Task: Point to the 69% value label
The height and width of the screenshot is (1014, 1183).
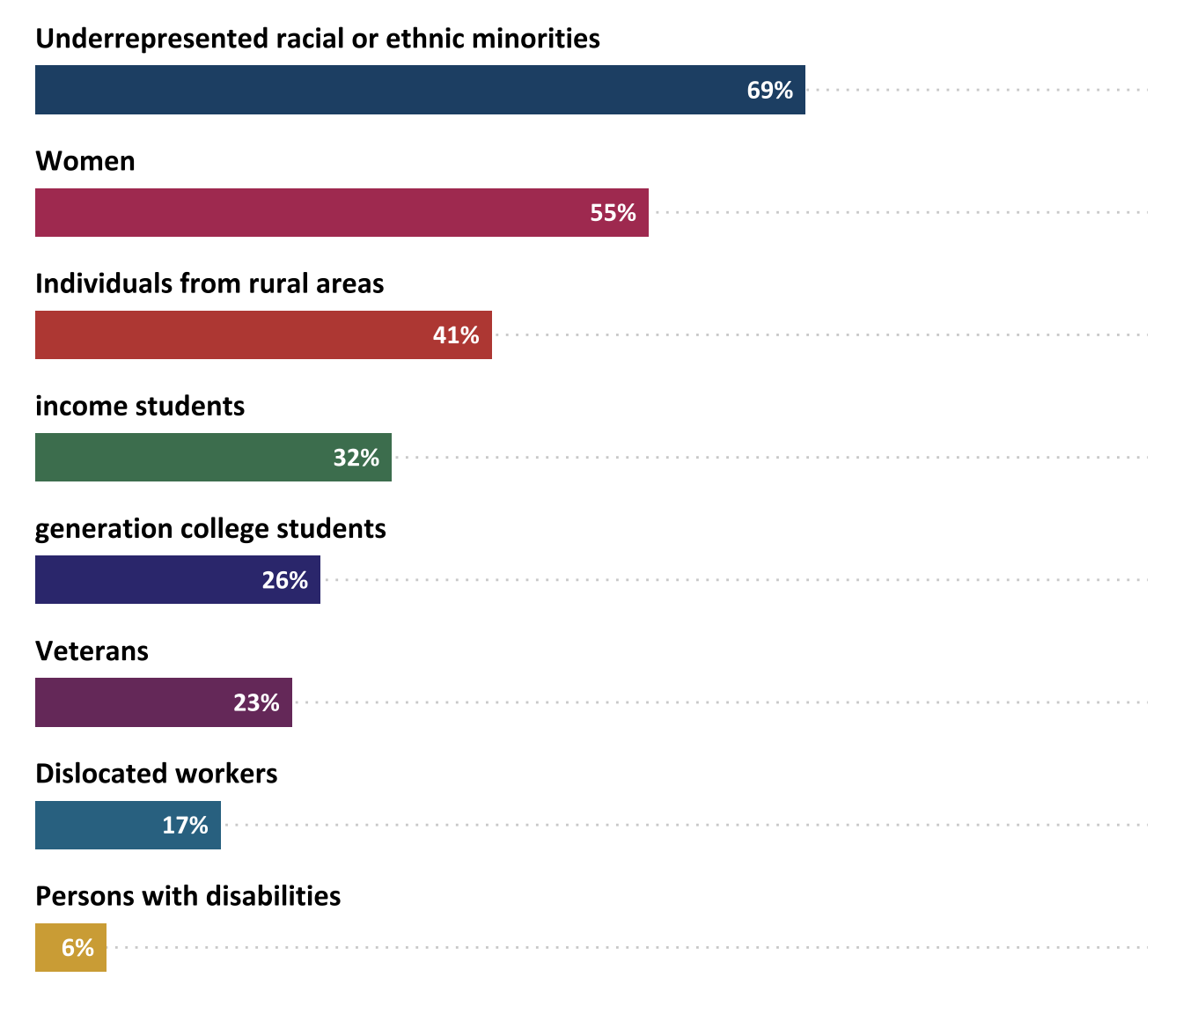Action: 769,91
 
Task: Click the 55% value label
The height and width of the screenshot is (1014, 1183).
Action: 613,213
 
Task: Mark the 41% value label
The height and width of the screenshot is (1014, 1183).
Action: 456,335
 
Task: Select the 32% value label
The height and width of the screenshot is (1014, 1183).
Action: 356,458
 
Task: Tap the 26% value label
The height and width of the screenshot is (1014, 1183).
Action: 284,580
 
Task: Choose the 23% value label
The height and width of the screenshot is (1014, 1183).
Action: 256,702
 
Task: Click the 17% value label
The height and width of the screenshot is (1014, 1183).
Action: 185,825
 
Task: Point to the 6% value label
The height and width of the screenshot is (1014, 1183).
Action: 77,947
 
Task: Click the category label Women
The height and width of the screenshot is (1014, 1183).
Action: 85,161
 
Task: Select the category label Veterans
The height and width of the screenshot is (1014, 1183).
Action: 92,651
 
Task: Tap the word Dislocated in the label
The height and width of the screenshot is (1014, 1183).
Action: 93,774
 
